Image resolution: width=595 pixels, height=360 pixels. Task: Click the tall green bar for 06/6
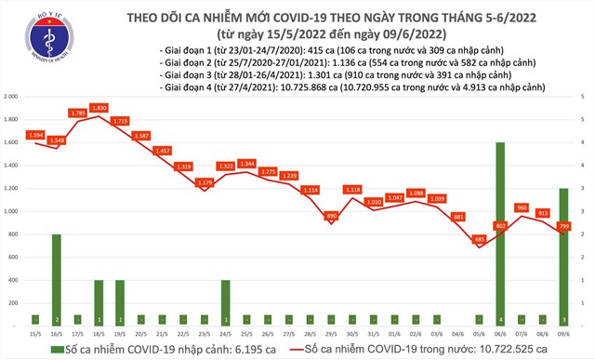[x=501, y=233]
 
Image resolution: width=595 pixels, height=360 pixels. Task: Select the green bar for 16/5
[x=57, y=279]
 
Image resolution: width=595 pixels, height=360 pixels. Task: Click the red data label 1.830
[x=98, y=107]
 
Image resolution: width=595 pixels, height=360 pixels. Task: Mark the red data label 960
[x=522, y=207]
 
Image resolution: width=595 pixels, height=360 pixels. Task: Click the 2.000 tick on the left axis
[x=13, y=97]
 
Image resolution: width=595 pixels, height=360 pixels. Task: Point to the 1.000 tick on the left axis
[x=13, y=211]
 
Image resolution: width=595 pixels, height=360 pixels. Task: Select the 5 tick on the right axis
[x=582, y=97]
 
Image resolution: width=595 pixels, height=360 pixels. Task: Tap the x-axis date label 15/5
[x=36, y=333]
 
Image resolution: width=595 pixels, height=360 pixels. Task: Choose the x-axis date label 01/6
[x=394, y=333]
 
